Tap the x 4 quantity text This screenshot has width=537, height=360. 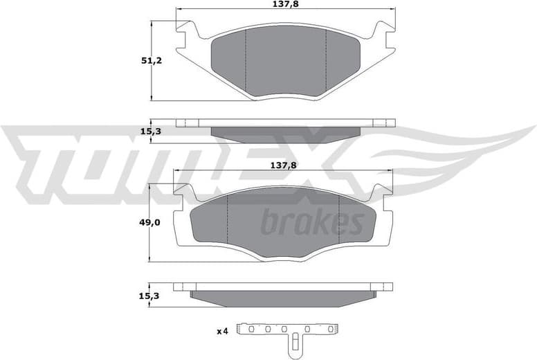(221, 332)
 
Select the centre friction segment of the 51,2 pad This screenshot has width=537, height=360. (286, 62)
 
